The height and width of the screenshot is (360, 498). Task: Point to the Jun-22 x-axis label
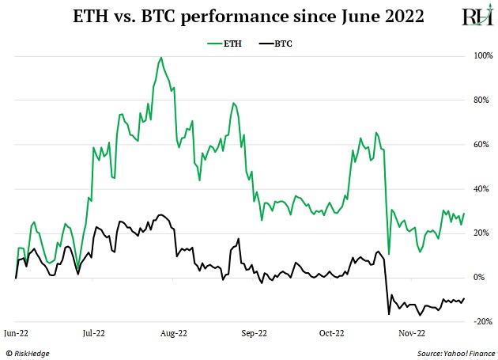pyautogui.click(x=17, y=334)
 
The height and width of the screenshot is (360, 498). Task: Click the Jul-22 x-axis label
pyautogui.click(x=95, y=334)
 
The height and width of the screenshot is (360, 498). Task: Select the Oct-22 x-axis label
pyautogui.click(x=331, y=334)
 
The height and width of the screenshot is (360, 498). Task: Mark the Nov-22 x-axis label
pyautogui.click(x=411, y=334)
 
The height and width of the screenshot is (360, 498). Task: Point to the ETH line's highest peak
pyautogui.click(x=161, y=57)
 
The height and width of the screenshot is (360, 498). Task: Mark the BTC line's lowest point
pyautogui.click(x=389, y=315)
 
